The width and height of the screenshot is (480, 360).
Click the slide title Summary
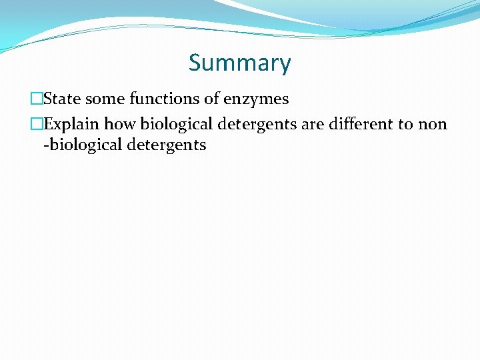click(239, 63)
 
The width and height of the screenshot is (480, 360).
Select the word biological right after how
click(177, 125)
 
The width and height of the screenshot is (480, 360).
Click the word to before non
click(406, 125)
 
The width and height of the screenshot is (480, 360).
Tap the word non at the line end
click(433, 125)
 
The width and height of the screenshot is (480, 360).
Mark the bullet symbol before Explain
click(36, 125)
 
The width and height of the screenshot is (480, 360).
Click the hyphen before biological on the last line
click(46, 145)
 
